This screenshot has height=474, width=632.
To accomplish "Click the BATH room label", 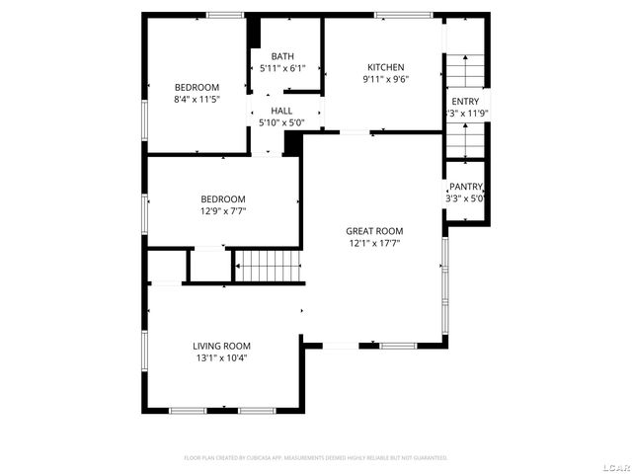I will click(282, 56).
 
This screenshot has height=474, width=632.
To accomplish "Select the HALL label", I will click(281, 111).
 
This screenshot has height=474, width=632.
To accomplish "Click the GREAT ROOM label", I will click(373, 230).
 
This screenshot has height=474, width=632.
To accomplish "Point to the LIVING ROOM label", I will click(221, 346).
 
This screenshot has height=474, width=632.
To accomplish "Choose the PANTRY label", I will click(465, 187).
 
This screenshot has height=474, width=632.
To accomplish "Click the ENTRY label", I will click(465, 102).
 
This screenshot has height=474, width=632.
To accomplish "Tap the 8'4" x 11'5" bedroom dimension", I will click(197, 99).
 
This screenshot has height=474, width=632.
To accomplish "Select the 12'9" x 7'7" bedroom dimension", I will click(222, 210).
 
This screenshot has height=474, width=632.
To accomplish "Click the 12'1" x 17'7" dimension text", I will click(373, 242).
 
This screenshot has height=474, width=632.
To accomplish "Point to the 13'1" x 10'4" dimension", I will click(221, 357).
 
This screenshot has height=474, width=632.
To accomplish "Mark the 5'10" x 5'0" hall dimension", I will click(281, 122).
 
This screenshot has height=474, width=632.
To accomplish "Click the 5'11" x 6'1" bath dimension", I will click(282, 68).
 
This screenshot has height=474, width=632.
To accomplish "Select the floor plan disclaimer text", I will click(316, 457).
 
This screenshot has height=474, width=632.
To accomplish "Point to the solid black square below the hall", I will click(291, 142).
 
